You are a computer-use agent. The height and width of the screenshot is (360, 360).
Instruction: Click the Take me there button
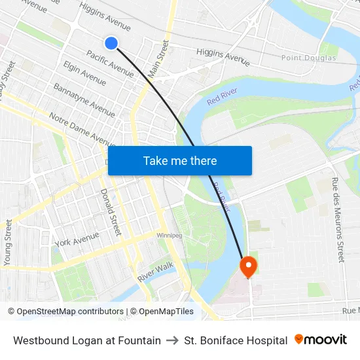180,160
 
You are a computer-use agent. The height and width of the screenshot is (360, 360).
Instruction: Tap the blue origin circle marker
111,43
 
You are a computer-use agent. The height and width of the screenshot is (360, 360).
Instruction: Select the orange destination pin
249,266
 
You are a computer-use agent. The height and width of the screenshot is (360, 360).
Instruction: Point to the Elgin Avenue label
84,73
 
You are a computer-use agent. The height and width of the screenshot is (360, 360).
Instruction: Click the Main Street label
158,59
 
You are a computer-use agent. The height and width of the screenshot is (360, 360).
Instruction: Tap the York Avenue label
77,242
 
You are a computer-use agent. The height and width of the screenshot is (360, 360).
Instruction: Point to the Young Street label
8,242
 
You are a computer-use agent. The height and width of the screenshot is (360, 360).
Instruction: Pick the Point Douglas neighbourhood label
309,58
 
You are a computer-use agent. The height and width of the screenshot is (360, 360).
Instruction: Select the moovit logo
321,340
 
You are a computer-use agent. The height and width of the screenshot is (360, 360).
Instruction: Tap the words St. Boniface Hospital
236,340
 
